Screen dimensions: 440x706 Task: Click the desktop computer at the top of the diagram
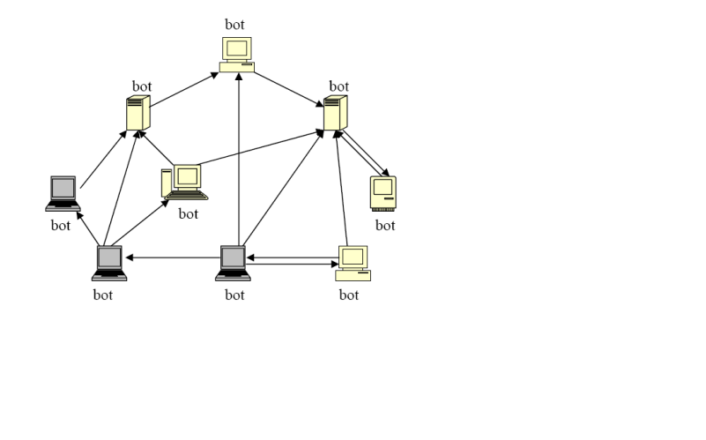pos(236,54)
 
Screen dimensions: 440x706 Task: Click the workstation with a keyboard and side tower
pos(184,182)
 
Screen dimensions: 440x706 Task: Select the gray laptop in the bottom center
pos(233,263)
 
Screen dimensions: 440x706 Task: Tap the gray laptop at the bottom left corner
pos(109,263)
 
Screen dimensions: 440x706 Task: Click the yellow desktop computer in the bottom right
pos(353,263)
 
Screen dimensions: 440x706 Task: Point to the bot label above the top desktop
pos(234,24)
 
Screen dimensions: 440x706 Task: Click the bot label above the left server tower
pos(142,86)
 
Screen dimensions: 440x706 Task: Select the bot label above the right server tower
pos(338,86)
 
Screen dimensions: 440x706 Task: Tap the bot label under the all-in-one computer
pos(385,225)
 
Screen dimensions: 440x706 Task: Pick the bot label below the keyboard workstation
pos(189,213)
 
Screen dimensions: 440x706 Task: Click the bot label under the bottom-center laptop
pos(234,295)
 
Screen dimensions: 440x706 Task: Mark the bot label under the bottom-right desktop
pos(349,295)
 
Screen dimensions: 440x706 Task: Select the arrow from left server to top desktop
pos(185,91)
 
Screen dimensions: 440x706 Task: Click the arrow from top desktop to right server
pos(289,88)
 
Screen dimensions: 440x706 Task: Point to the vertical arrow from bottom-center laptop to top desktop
pos(239,159)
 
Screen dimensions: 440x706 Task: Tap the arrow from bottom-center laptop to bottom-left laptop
pos(172,257)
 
